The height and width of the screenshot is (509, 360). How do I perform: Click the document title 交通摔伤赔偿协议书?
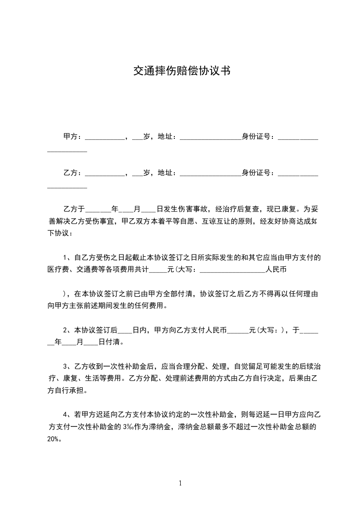point(182,71)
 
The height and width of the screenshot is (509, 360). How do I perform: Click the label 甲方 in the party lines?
point(70,136)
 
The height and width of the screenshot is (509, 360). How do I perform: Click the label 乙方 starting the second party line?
point(70,173)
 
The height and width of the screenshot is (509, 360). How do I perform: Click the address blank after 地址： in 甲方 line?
point(211,138)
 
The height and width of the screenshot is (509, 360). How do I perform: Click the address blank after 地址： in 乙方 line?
point(211,175)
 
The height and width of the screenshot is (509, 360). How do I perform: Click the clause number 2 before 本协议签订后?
point(65,330)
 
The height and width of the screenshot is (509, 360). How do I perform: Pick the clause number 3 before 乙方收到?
point(65,366)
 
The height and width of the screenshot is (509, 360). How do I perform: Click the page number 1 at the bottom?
point(181,483)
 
